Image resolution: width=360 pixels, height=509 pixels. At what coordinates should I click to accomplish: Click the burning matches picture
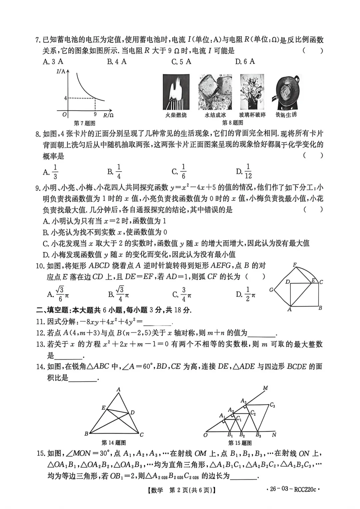(176, 92)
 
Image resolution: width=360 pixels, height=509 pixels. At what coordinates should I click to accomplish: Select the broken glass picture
(252, 92)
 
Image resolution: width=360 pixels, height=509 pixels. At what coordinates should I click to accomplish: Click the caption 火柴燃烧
(176, 115)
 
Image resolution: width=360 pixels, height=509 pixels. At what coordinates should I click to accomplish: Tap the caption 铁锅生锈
(286, 115)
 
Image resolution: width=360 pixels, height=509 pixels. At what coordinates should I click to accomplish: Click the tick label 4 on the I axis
(66, 98)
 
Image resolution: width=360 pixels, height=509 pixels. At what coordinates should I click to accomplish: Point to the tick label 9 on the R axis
(95, 114)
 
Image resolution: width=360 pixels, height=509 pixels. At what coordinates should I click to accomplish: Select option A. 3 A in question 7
(53, 61)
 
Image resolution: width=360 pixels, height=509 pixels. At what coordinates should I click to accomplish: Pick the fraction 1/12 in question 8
(248, 171)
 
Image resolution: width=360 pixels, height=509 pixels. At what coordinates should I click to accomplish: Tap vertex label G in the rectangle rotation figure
(271, 290)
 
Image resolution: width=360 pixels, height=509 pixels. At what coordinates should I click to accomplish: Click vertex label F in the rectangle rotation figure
(295, 265)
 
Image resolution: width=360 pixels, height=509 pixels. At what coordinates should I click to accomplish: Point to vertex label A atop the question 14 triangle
(119, 389)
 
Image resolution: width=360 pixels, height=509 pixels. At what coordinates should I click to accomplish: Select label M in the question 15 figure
(265, 388)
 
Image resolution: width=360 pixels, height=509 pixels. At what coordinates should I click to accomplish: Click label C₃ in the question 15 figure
(272, 405)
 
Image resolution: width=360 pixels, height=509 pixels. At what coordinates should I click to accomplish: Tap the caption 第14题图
(114, 443)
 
